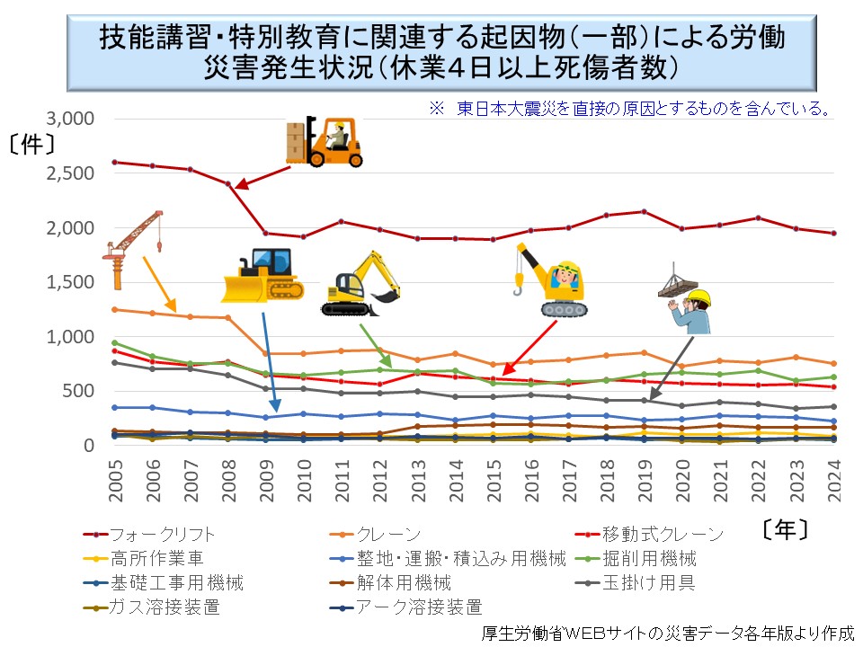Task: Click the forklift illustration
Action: click(325, 141)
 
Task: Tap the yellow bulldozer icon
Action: click(262, 275)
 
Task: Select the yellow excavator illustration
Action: click(360, 285)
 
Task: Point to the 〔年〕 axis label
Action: click(777, 528)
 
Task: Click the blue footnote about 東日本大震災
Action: click(628, 109)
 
